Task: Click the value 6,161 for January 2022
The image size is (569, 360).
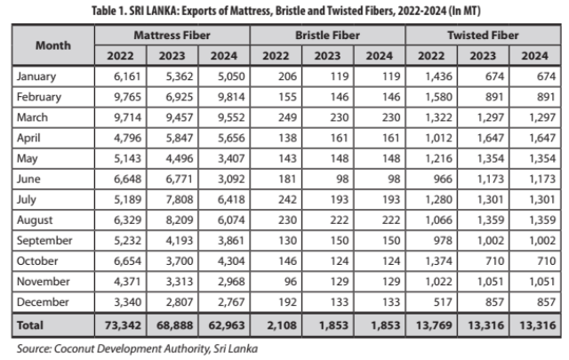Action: pos(123,76)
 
